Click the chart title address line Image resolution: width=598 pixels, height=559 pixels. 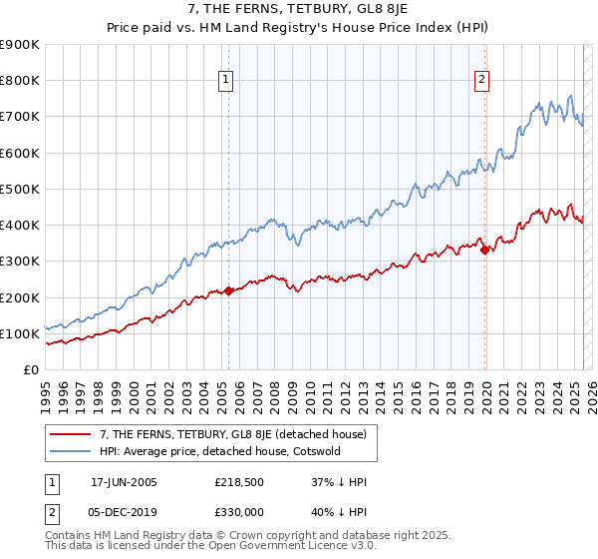[x=299, y=10]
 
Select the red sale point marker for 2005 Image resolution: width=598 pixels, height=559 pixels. [x=228, y=291]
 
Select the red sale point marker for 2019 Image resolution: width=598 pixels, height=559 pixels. [x=485, y=251]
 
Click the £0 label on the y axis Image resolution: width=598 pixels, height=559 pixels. [x=30, y=370]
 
